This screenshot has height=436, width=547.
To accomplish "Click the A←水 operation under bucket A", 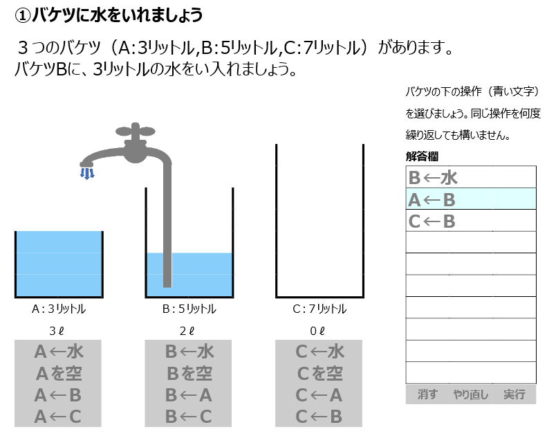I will (x=58, y=352).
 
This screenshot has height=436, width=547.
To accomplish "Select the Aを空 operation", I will (x=58, y=374).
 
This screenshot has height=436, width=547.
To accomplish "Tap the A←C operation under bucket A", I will (x=58, y=417).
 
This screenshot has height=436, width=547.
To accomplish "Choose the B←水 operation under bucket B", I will (x=189, y=352).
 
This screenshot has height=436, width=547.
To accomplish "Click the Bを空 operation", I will (x=189, y=374).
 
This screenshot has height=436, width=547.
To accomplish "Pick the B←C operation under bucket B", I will (x=189, y=417).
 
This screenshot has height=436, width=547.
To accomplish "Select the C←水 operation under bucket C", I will (x=319, y=352).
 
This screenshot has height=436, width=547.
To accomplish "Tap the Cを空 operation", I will (x=319, y=374).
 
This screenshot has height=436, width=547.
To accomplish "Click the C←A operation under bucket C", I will (x=319, y=395).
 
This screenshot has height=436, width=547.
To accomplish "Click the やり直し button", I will (x=470, y=394).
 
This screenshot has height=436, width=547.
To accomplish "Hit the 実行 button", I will (x=514, y=394).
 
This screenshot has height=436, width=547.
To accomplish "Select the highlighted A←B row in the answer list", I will (x=470, y=199).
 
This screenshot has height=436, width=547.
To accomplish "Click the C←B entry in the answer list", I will (x=470, y=221).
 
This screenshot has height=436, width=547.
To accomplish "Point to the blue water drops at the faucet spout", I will (x=86, y=172).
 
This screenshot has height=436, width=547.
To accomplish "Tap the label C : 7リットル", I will (x=319, y=309).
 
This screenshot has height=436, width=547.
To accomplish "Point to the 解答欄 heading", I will (x=422, y=156).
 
